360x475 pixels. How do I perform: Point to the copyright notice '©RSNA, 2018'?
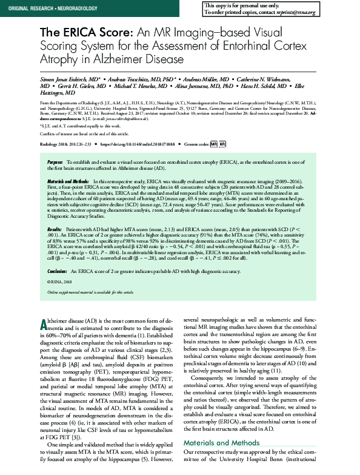click(59, 282)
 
